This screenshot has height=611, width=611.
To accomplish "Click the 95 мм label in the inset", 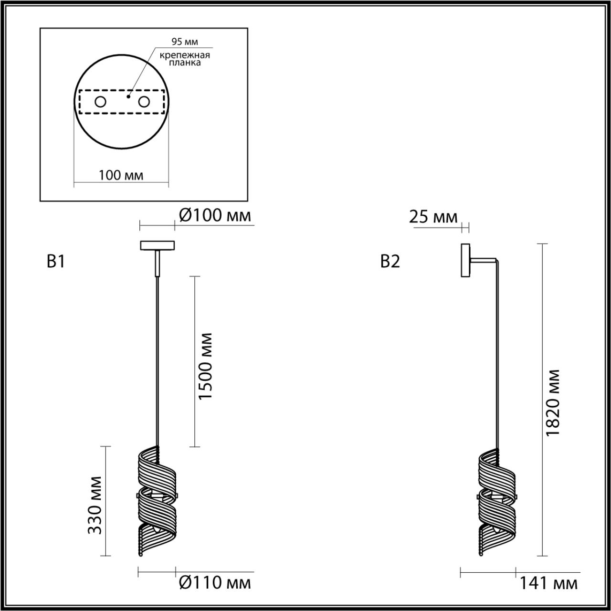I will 184,42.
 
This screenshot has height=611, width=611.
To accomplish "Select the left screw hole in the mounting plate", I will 100,102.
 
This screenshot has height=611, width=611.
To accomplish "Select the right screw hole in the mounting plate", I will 144,102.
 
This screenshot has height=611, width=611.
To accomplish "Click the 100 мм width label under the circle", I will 121,175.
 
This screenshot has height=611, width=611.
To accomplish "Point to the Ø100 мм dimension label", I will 215,216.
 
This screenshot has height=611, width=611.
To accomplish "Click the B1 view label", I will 56,262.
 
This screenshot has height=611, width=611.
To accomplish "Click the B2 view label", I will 390,262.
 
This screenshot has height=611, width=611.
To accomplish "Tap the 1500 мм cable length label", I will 205,367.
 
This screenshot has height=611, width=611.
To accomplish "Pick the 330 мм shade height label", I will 96,505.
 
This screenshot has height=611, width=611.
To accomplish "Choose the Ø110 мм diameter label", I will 215,582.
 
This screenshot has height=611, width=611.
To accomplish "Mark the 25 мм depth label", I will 433,217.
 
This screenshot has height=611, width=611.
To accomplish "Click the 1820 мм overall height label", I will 553,402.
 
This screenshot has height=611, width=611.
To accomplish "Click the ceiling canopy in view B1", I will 157,245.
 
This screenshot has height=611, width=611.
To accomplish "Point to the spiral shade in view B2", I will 497,501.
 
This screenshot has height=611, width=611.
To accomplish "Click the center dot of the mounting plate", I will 127,96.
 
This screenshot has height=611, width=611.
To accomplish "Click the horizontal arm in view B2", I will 483,260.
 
